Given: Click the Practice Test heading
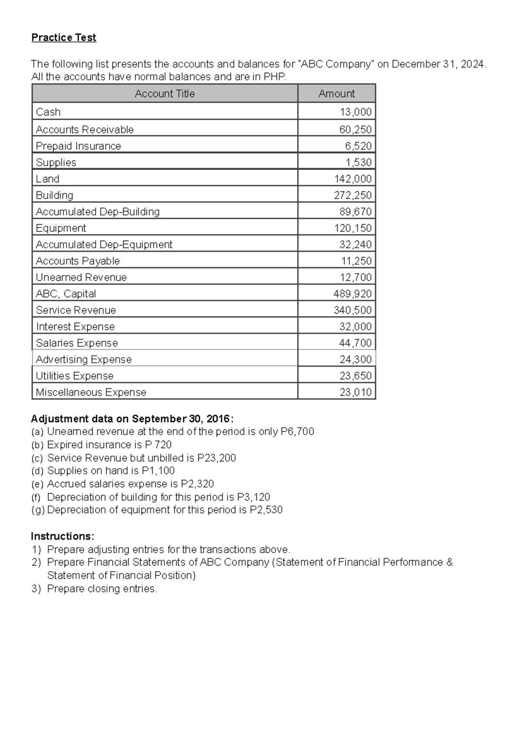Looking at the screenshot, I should (x=64, y=38).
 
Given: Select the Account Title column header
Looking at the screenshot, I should (x=164, y=94).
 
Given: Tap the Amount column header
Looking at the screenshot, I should (x=336, y=94).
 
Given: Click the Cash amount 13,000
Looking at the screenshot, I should (x=355, y=112).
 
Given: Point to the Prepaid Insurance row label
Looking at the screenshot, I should (x=78, y=146).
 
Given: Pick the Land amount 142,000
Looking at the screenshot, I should (x=353, y=179).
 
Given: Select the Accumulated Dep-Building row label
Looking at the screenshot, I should (x=97, y=212).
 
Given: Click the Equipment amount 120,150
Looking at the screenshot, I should (x=353, y=228).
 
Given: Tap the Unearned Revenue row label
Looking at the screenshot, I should (x=81, y=278).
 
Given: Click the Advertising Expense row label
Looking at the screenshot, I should (x=84, y=360).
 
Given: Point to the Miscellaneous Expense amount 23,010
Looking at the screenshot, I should (x=355, y=392).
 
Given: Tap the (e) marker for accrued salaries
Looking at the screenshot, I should (x=37, y=484).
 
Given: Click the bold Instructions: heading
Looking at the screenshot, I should (x=62, y=536).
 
